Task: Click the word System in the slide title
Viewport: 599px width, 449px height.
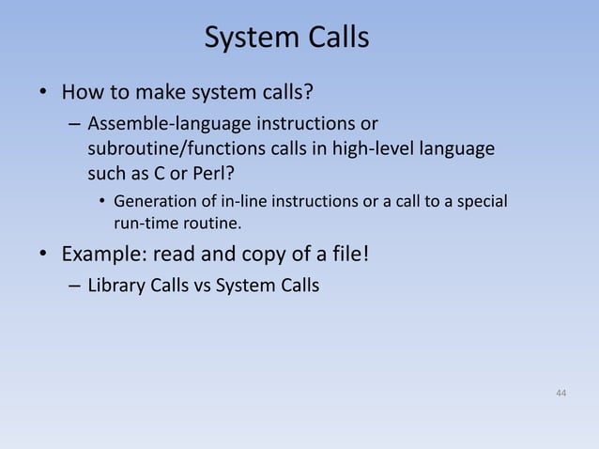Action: click(249, 39)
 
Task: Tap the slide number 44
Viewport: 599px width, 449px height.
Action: click(561, 391)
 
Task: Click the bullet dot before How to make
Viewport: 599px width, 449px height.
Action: click(43, 94)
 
